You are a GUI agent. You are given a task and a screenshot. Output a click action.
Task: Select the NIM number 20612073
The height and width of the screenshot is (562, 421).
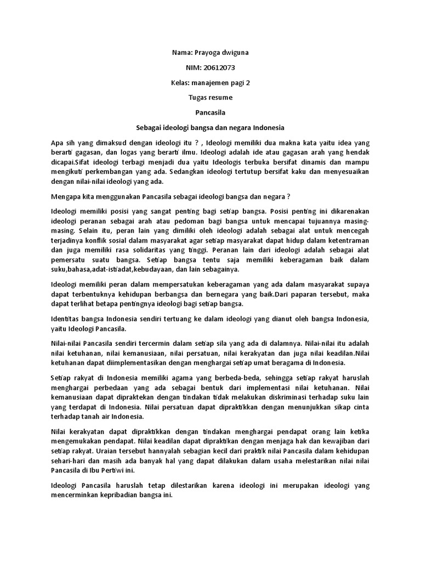(x=219, y=68)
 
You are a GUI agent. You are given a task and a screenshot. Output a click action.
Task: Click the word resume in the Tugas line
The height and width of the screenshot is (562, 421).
(x=221, y=98)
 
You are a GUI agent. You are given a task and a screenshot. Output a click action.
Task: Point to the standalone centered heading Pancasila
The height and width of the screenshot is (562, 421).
(x=210, y=113)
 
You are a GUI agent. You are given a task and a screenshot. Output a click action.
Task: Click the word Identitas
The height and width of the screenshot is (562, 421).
(x=69, y=319)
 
